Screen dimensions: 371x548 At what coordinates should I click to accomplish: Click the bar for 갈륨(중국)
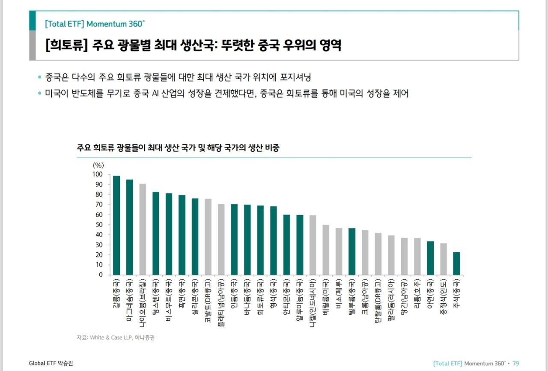[116, 225]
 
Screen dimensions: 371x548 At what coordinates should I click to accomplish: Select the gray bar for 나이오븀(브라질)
[143, 229]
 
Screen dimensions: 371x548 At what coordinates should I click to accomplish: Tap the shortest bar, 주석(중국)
[456, 263]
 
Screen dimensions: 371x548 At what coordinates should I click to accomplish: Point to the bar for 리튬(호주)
[417, 257]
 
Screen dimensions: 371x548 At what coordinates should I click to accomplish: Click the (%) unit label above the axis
[98, 165]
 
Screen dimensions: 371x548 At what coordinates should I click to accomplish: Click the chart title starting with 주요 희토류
[179, 148]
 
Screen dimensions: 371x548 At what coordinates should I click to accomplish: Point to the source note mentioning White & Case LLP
[116, 338]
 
